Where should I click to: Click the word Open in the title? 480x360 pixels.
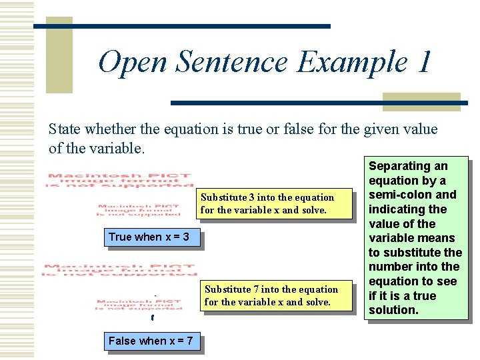[x=133, y=63]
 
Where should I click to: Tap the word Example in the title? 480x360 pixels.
[x=352, y=63]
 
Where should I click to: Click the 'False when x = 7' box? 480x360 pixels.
[x=151, y=341]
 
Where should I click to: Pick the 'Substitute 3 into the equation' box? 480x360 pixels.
[x=276, y=203]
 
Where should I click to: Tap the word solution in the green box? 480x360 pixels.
[x=393, y=310]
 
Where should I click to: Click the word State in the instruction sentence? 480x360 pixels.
[x=65, y=129]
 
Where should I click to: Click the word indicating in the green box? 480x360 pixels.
[x=399, y=209]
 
